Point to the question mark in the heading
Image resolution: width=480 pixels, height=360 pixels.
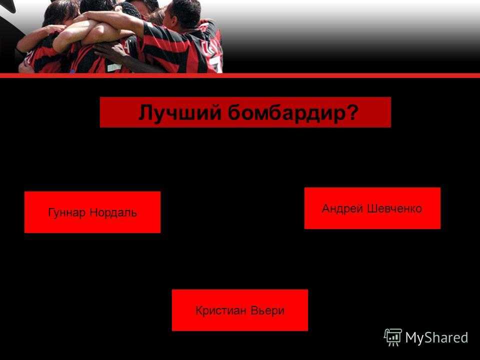point(352,112)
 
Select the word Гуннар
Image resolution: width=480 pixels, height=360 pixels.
point(66,212)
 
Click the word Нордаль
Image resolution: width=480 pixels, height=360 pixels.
point(113,212)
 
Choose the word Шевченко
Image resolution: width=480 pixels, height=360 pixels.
point(394,209)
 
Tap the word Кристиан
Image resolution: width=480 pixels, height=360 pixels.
point(220,310)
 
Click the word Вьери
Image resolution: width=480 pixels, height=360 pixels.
point(267,310)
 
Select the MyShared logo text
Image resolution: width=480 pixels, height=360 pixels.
point(436,337)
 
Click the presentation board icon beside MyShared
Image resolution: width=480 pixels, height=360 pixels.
point(393,337)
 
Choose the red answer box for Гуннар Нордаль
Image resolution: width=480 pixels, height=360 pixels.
point(92,212)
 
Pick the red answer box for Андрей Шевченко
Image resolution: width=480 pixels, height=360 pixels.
point(372,208)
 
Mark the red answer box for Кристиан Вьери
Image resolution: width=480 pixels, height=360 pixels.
point(240,310)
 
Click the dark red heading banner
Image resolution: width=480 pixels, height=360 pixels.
point(245,112)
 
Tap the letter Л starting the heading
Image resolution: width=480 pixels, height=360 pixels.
point(145,112)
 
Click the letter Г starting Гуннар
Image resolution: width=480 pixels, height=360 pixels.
point(51,212)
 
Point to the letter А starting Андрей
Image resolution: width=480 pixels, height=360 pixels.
point(326,208)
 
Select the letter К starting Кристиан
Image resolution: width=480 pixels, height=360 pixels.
point(199,310)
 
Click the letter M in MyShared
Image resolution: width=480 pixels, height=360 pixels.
point(411,337)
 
